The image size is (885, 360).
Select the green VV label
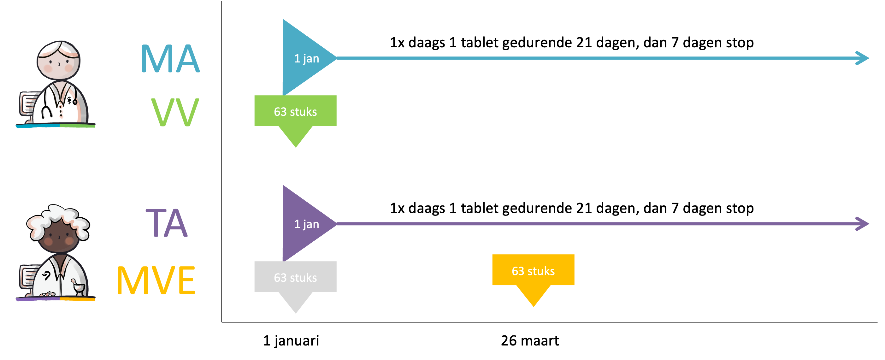tap(175, 112)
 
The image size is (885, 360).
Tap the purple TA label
tap(167, 223)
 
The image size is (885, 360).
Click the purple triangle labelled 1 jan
tap(302, 224)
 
